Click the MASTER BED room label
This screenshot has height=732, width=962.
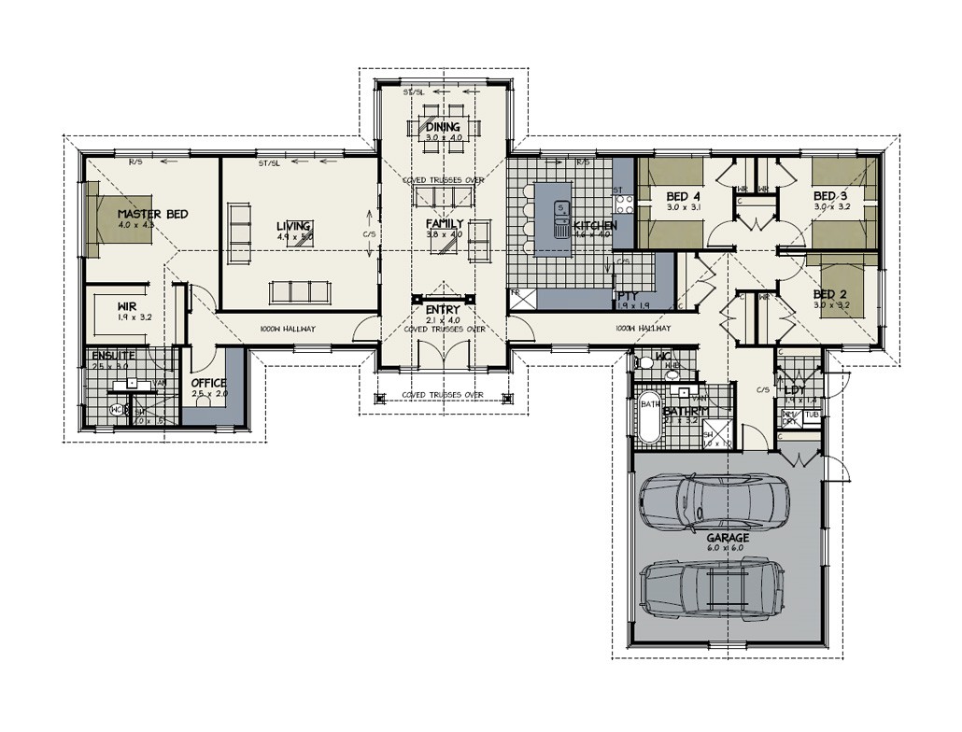[152, 215]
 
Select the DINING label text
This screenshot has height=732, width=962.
[443, 127]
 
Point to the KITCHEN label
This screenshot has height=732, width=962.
[595, 226]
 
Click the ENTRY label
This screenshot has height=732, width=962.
[443, 310]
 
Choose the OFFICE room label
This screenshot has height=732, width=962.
[209, 383]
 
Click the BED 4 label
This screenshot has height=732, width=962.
[684, 197]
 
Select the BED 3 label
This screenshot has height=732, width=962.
[829, 196]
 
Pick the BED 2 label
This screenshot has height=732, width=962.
[829, 293]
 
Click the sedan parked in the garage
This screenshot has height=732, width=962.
[714, 501]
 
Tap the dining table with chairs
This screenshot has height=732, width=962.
[443, 126]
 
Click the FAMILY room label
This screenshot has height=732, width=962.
[445, 224]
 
